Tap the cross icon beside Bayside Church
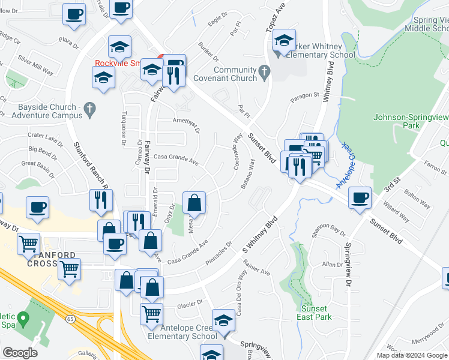click(x=89, y=109)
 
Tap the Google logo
click(x=20, y=353)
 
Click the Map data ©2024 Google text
click(x=411, y=355)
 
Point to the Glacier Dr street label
click(x=191, y=304)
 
